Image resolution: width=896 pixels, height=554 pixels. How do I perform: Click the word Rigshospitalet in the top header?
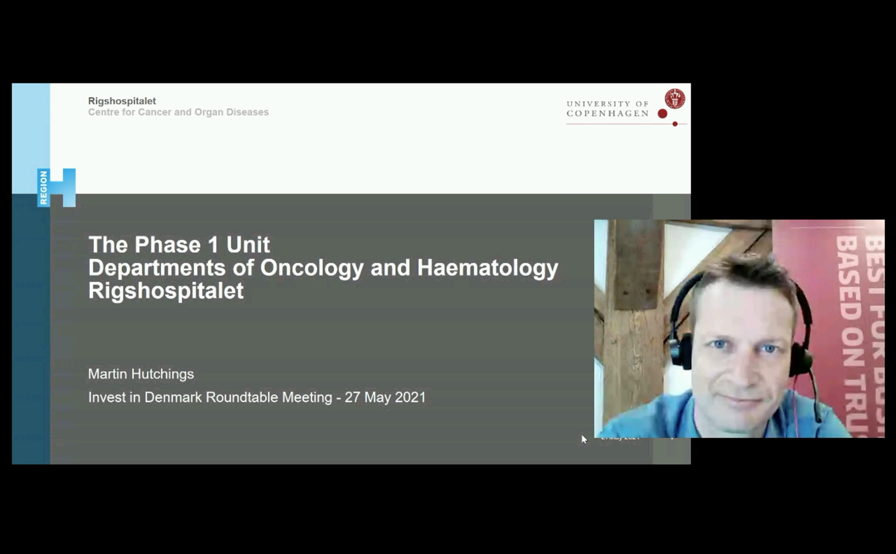click(122, 101)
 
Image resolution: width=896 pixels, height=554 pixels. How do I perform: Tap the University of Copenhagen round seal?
click(674, 98)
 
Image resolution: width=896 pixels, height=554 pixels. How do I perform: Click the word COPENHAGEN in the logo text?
click(607, 114)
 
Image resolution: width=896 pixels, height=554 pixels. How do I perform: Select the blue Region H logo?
click(57, 187)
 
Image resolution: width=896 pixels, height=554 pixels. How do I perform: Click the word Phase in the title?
click(167, 245)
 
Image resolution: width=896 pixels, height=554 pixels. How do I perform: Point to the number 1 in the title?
click(213, 245)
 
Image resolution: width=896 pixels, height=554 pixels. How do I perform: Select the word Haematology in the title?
click(487, 268)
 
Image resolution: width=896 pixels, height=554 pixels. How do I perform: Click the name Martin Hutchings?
click(141, 374)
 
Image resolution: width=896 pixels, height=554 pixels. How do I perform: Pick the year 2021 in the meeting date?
click(410, 397)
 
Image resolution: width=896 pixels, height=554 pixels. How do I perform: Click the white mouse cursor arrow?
click(584, 439)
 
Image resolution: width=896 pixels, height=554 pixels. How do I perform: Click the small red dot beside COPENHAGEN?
click(662, 114)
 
